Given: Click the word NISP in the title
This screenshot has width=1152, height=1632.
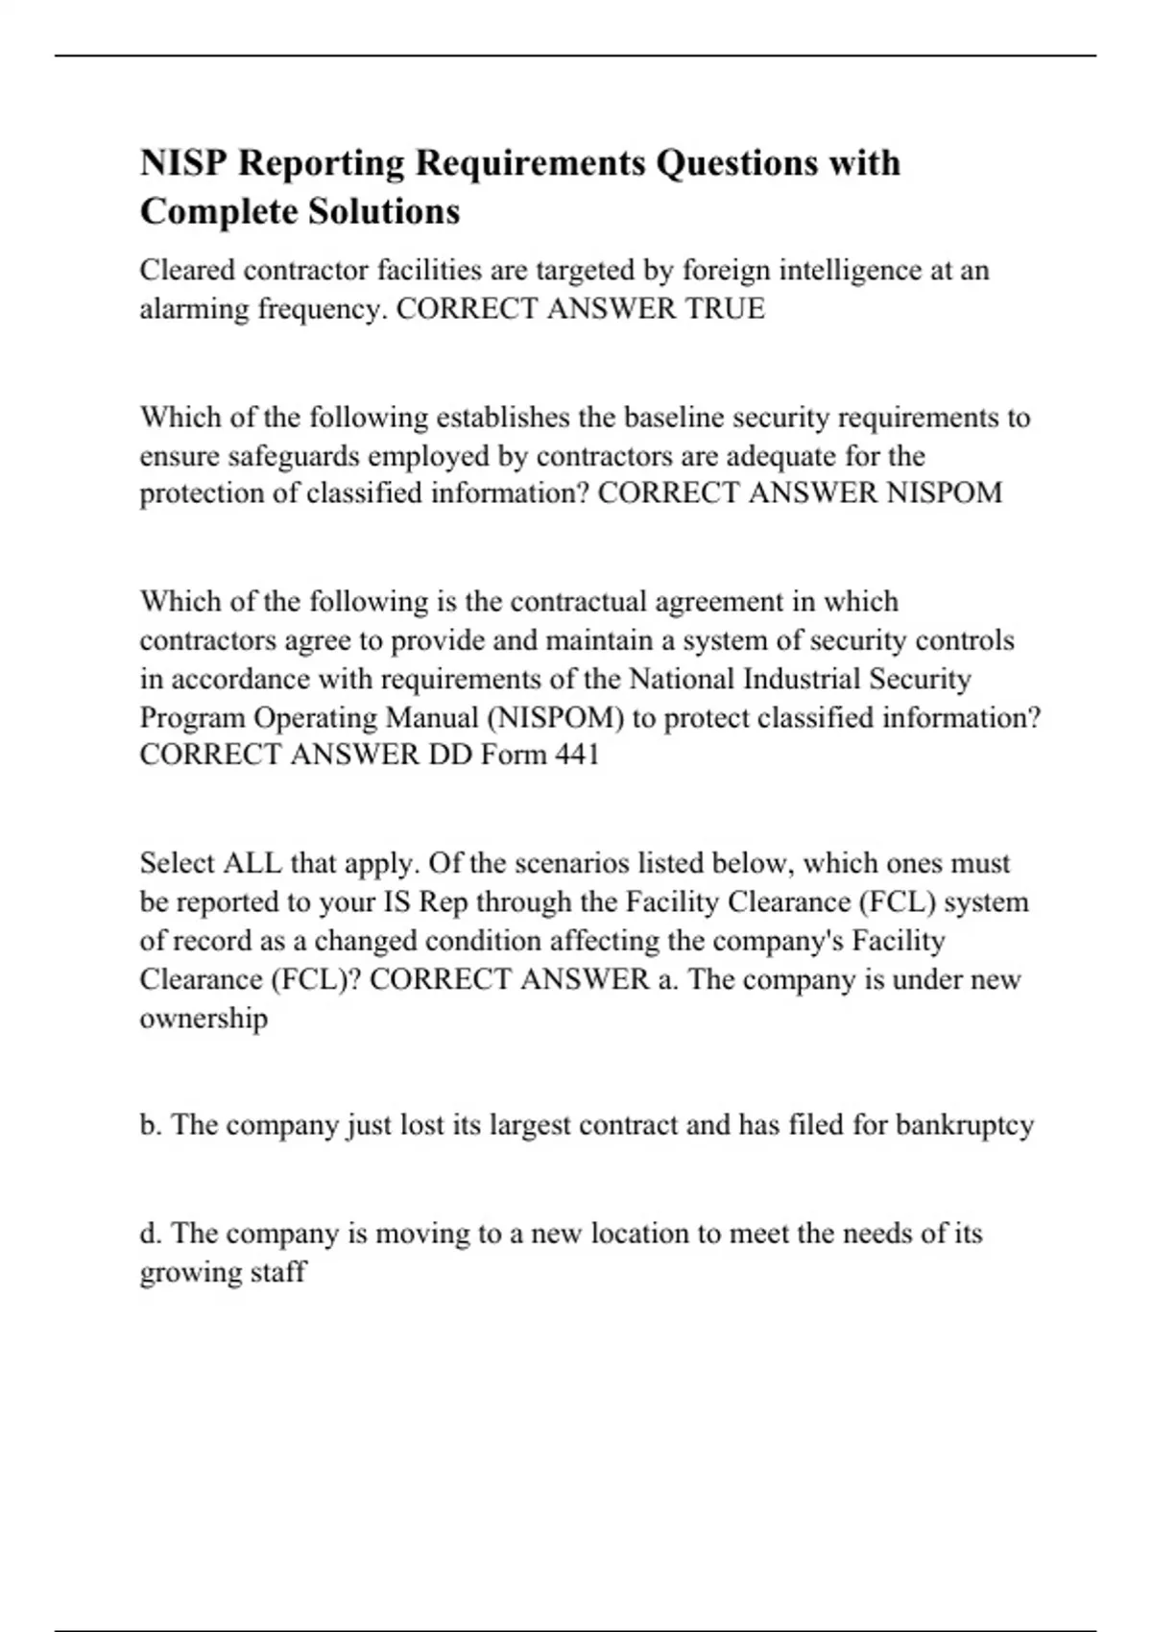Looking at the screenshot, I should tap(183, 163).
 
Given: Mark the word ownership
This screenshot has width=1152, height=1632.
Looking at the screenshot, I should tap(204, 1018).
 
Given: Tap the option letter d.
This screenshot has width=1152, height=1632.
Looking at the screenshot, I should tap(150, 1233).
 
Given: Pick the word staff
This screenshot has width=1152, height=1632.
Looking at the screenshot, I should tap(277, 1272).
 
